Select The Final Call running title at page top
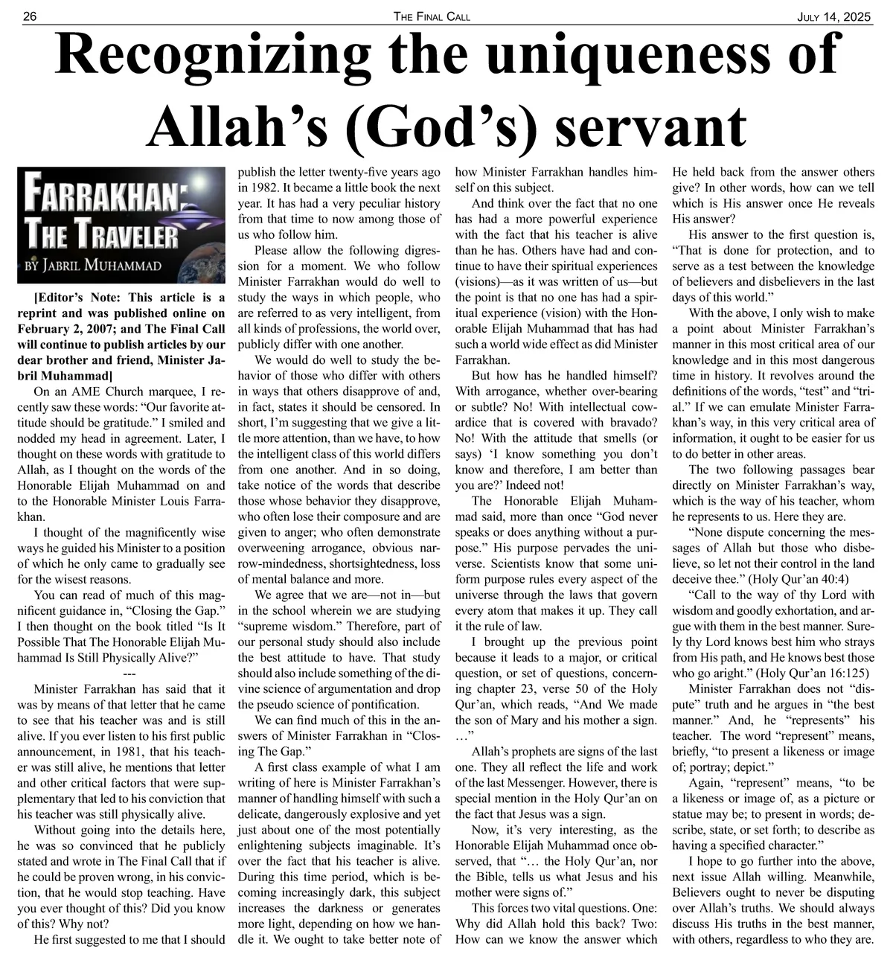[432, 16]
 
